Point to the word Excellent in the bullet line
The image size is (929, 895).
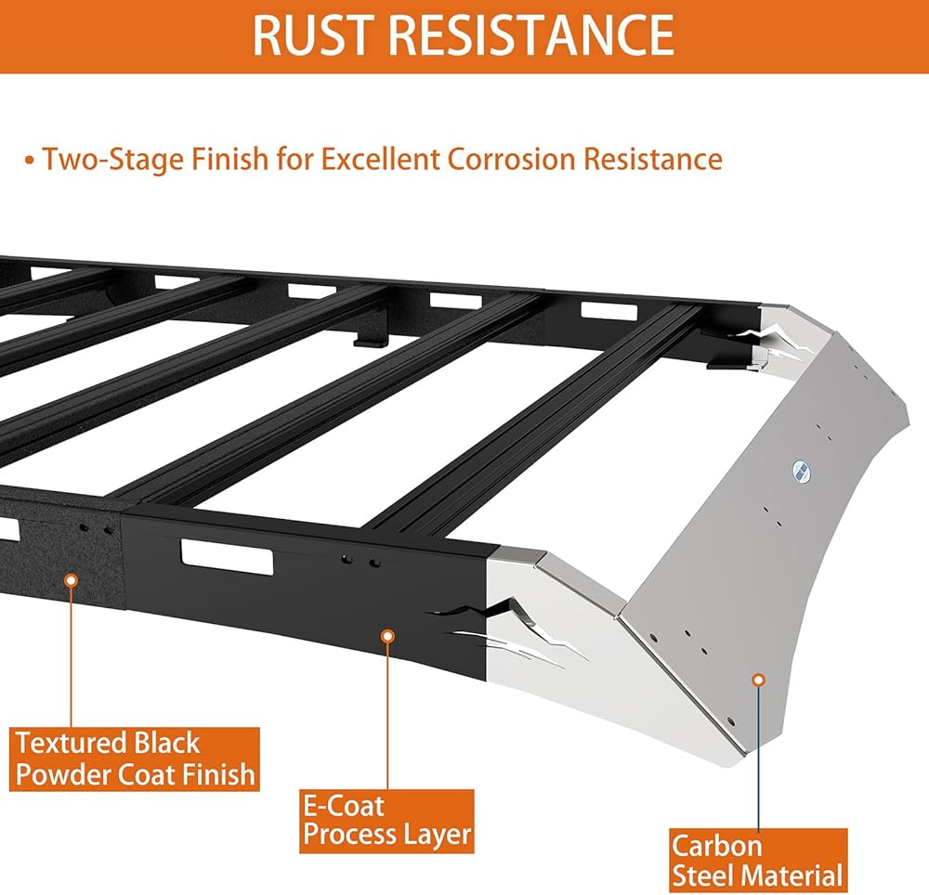tap(380, 159)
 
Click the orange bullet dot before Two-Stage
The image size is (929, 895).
tap(30, 161)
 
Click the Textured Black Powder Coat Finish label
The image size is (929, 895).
tap(135, 759)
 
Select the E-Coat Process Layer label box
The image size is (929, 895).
tap(386, 821)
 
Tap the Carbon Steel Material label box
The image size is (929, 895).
tap(758, 861)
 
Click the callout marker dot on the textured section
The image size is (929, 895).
tap(72, 580)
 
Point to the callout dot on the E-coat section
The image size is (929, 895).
tap(388, 636)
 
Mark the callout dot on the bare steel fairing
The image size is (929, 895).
tap(758, 681)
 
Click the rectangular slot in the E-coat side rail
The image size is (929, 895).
tap(228, 557)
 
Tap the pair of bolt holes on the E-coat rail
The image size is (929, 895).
tap(360, 561)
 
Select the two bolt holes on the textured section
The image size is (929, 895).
tap(96, 528)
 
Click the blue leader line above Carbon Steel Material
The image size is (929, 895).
tap(758, 758)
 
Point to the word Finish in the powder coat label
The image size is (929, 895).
tap(218, 774)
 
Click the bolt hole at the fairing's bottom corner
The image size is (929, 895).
tap(730, 722)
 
